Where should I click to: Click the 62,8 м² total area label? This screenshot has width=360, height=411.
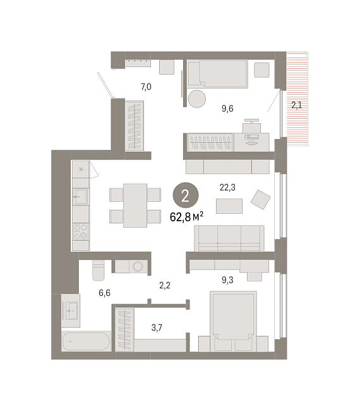pyautogui.click(x=186, y=217)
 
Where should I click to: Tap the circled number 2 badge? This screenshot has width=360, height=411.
pyautogui.click(x=186, y=195)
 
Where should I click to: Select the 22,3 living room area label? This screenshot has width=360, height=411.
pyautogui.click(x=227, y=187)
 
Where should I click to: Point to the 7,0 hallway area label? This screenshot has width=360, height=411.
pyautogui.click(x=146, y=87)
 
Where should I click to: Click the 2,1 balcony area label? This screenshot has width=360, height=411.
pyautogui.click(x=297, y=105)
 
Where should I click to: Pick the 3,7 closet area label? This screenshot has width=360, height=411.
pyautogui.click(x=157, y=328)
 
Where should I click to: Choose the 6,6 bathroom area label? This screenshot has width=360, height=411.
pyautogui.click(x=104, y=293)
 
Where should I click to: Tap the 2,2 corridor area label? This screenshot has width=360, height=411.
pyautogui.click(x=165, y=285)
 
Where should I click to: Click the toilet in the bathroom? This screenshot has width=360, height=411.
pyautogui.click(x=99, y=270)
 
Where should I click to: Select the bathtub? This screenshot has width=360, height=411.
pyautogui.click(x=86, y=341)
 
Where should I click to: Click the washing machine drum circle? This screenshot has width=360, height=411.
pyautogui.click(x=138, y=267)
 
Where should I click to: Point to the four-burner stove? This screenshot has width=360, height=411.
pyautogui.click(x=81, y=232)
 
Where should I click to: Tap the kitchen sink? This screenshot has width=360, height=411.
pyautogui.click(x=81, y=197)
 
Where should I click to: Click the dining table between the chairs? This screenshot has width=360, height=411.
pyautogui.click(x=135, y=205)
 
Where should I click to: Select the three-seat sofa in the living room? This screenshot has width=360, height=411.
pyautogui.click(x=229, y=238)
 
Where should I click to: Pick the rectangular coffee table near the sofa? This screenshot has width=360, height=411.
pyautogui.click(x=229, y=206)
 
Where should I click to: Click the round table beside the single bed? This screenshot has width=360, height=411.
pyautogui.click(x=197, y=99)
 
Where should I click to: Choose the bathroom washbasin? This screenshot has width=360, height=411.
pyautogui.click(x=71, y=311)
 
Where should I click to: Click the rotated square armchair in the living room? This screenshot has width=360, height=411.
pyautogui.click(x=260, y=199)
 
